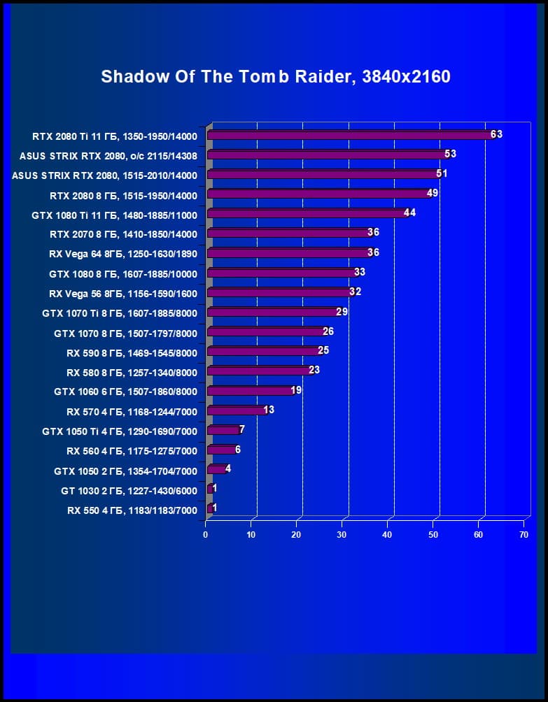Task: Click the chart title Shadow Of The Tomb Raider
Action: [275, 76]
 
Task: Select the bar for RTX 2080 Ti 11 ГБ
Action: [350, 135]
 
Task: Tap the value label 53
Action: [450, 154]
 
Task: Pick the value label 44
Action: [410, 213]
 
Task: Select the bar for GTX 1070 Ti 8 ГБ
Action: [273, 312]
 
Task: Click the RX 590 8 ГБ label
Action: [132, 352]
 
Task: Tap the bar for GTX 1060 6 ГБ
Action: [250, 391]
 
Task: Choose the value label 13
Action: [268, 410]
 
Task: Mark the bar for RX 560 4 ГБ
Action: [221, 450]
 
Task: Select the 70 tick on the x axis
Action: [524, 535]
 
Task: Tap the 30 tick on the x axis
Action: [342, 535]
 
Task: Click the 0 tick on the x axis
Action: [206, 535]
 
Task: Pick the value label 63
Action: [496, 134]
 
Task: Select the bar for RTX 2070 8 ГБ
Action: [288, 233]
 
